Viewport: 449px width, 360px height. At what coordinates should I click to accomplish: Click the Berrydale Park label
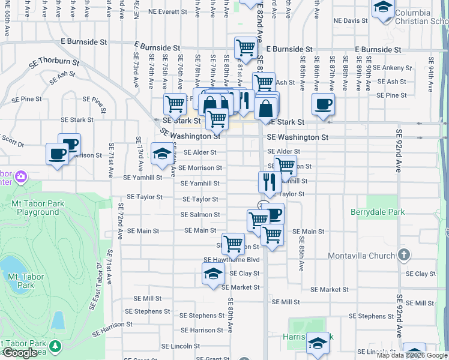(378, 212)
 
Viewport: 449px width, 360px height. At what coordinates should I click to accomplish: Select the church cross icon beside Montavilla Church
(404, 255)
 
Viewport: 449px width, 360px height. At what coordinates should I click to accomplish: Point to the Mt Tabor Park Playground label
(38, 208)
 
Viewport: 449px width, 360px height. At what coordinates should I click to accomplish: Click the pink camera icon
(22, 176)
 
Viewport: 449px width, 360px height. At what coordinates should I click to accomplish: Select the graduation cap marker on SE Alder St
(161, 154)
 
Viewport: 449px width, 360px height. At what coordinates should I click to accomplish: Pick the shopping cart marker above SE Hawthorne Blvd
(233, 243)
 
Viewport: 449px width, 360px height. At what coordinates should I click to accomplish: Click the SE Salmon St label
(201, 215)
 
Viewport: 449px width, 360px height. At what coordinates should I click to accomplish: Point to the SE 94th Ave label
(431, 70)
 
